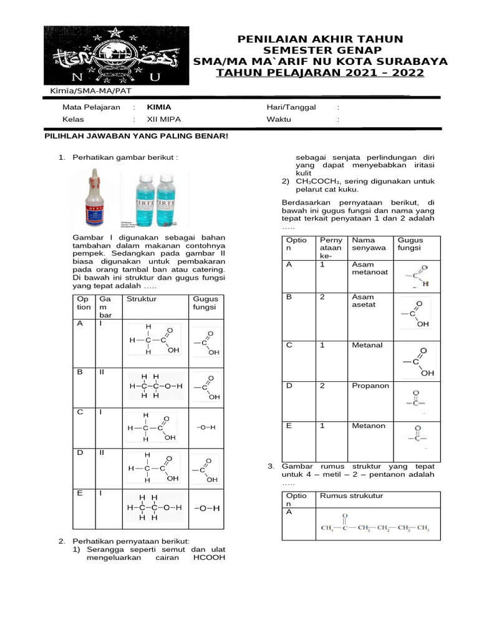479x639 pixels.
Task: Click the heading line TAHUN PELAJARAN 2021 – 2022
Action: [x=320, y=74]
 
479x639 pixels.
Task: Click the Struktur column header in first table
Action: [x=142, y=299]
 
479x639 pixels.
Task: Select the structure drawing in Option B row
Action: [x=155, y=386]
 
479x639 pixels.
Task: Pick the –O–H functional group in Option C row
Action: [x=206, y=427]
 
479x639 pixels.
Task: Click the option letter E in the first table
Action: [x=80, y=494]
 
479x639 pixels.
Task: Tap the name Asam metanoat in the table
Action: [x=370, y=268]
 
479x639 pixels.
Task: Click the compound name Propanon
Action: [x=370, y=386]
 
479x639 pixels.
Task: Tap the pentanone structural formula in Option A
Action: [x=375, y=524]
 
